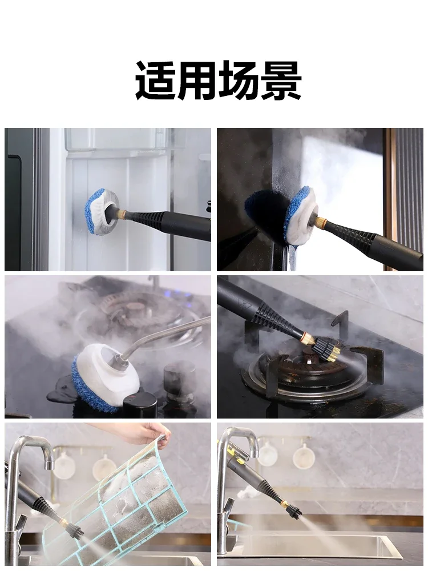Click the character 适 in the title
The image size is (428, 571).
tap(156, 81)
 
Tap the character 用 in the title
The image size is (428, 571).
tap(197, 81)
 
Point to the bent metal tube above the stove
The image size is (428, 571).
tap(165, 331)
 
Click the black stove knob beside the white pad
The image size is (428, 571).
tap(140, 404)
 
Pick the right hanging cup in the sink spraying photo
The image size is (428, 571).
tap(304, 457)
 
